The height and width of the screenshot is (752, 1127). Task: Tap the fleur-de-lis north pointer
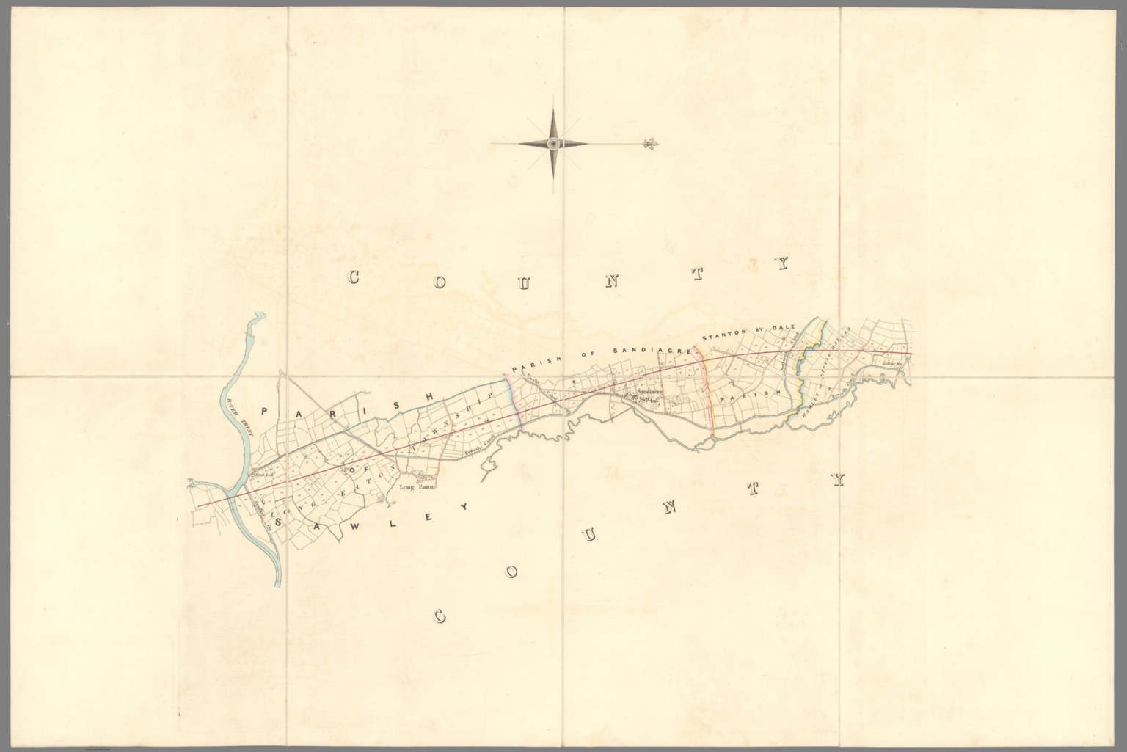click(x=647, y=143)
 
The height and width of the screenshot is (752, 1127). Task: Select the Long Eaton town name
click(x=417, y=486)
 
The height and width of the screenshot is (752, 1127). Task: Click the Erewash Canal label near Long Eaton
click(x=476, y=448)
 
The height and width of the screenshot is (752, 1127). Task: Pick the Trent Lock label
click(x=262, y=475)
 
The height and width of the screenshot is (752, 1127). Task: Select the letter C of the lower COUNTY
click(x=440, y=616)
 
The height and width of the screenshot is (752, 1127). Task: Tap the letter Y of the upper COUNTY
click(x=784, y=263)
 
